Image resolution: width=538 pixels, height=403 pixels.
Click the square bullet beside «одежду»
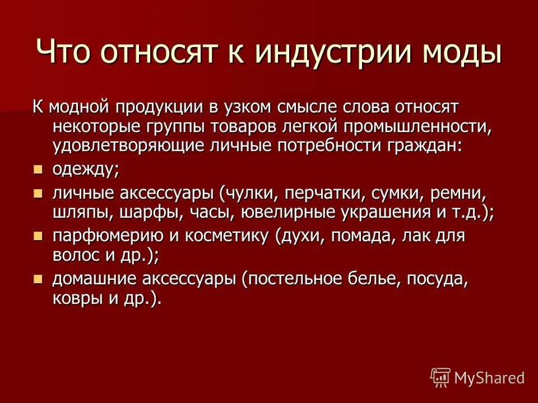coord(38,169)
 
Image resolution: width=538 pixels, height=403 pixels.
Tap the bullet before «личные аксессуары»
coord(38,194)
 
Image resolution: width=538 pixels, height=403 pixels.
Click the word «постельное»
coord(300,278)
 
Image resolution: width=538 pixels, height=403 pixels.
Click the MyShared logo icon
coord(440,377)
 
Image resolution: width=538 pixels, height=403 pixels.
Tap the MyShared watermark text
coord(489,377)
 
